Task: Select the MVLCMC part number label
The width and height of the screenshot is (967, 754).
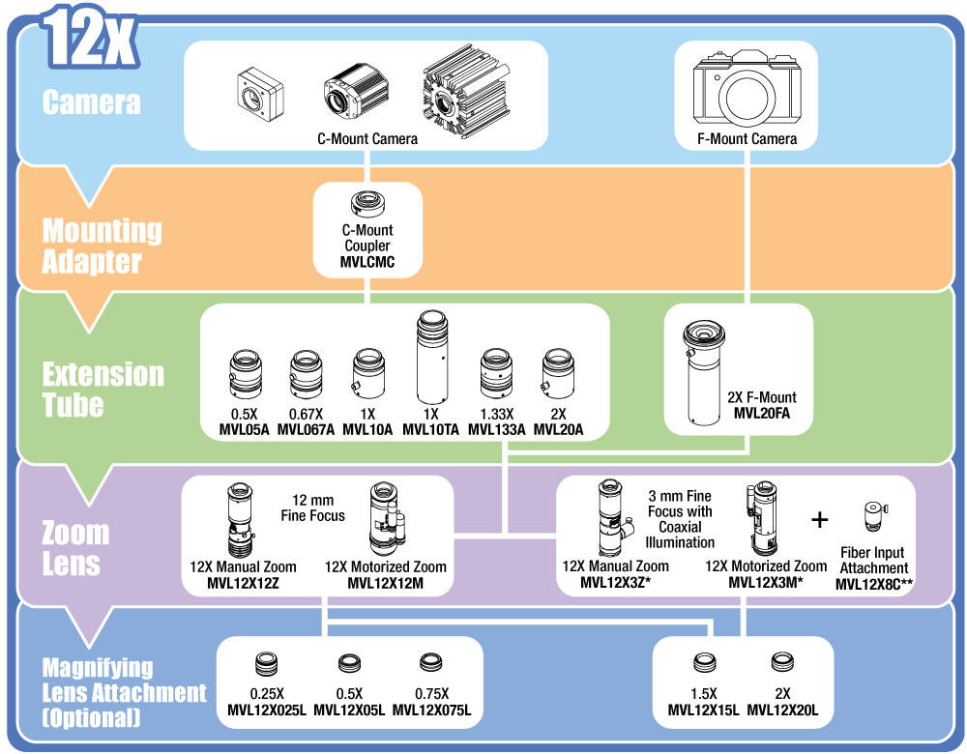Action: point(367,262)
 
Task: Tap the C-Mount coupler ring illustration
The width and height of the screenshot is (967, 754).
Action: point(367,204)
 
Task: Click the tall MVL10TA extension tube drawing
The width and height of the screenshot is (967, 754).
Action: point(431,361)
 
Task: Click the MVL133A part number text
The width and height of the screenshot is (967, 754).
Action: point(496,430)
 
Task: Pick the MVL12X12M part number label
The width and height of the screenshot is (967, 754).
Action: point(386,583)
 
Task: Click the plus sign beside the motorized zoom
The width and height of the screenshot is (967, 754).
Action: point(820,520)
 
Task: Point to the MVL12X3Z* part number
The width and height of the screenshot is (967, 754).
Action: point(615,583)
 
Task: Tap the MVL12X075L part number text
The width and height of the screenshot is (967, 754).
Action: point(431,710)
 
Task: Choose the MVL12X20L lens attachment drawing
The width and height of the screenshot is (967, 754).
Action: point(782,663)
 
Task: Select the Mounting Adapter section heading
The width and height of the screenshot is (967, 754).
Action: point(102,246)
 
